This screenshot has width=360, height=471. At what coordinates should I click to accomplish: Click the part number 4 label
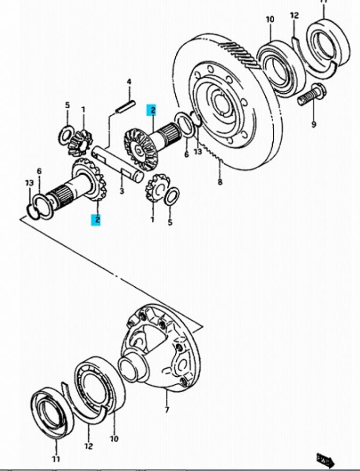[x=128, y=82]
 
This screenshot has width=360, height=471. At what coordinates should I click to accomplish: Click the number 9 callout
[x=314, y=125]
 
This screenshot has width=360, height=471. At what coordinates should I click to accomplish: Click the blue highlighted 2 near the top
[x=152, y=110]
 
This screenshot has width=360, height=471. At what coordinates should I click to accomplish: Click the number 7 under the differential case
[x=166, y=410]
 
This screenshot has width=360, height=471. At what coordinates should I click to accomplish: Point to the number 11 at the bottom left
[x=56, y=459]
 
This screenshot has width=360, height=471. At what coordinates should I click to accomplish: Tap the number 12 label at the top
[x=295, y=16]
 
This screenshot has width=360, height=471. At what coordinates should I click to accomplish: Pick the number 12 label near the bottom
[x=89, y=446]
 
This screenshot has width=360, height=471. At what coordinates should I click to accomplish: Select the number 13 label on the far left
[x=29, y=183]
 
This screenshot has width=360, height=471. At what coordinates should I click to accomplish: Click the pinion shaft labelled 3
[x=118, y=162]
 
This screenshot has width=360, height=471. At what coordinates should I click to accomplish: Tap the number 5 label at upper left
[x=67, y=105]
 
